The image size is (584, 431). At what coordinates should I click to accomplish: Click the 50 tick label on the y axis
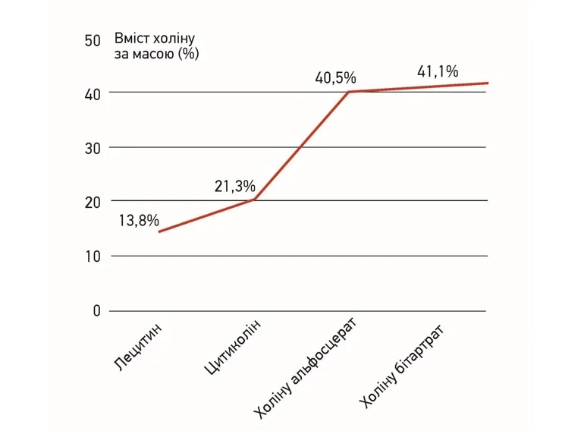point(93,40)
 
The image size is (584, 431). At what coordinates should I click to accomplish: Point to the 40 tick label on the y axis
point(93,95)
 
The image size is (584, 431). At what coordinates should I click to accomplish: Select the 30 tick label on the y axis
point(93,149)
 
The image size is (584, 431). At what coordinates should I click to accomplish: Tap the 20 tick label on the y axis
point(93,203)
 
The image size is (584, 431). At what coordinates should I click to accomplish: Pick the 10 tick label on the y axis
point(93,256)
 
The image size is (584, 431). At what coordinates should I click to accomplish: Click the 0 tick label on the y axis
point(96,310)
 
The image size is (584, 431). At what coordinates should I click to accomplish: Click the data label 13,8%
point(139,221)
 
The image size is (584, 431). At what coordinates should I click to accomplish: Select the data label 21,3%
point(235,187)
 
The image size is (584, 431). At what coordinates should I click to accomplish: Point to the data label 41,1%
point(438,72)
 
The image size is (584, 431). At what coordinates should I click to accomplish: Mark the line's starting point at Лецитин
point(159,231)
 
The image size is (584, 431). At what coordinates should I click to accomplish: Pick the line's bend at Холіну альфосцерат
point(349,92)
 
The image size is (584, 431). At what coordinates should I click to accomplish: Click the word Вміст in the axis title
point(132,39)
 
